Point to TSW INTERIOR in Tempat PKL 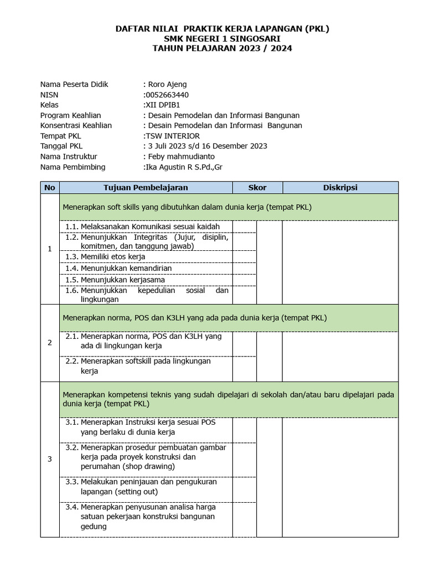[x=173, y=136]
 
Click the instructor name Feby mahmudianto [x=179, y=156]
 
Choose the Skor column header [x=257, y=188]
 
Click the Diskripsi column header [x=340, y=188]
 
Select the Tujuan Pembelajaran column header [x=146, y=188]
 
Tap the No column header [x=50, y=188]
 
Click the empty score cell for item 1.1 [x=244, y=226]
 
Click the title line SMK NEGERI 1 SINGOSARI [x=222, y=39]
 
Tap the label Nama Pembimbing [x=72, y=167]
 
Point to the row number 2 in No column [x=50, y=343]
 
